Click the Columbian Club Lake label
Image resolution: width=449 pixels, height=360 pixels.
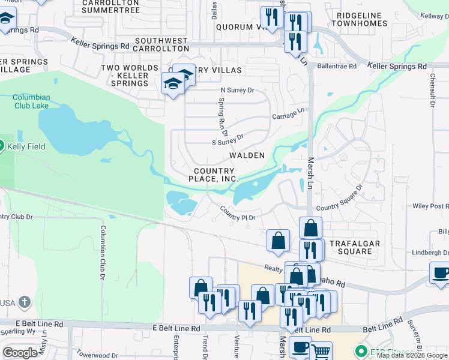32,101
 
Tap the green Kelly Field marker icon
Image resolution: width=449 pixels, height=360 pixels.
1,145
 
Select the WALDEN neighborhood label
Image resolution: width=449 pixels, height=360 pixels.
247,155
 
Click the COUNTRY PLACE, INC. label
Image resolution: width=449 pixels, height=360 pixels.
214,175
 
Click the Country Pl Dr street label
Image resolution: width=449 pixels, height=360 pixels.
238,214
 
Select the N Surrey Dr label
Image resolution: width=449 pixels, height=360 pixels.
238,91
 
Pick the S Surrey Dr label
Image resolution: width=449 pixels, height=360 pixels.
228,140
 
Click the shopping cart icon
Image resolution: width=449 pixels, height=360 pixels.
322,351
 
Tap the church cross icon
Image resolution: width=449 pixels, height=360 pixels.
24,302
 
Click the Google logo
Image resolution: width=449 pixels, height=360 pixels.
20,352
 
